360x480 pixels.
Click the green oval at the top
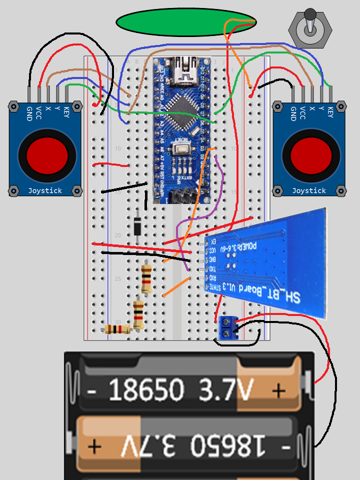point(186,22)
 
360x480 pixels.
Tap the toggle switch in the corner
point(310,28)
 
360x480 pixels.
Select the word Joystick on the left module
point(45,190)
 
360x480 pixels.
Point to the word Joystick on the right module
point(309,190)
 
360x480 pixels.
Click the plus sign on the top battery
point(278,390)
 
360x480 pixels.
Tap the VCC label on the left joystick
point(38,113)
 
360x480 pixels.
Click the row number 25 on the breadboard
point(118,278)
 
